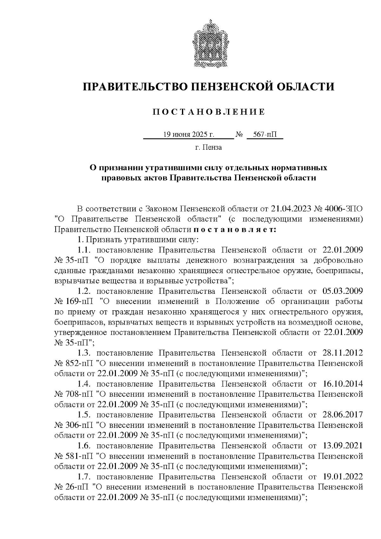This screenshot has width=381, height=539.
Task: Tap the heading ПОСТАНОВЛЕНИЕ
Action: click(x=209, y=112)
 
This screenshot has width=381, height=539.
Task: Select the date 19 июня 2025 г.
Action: click(x=189, y=135)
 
